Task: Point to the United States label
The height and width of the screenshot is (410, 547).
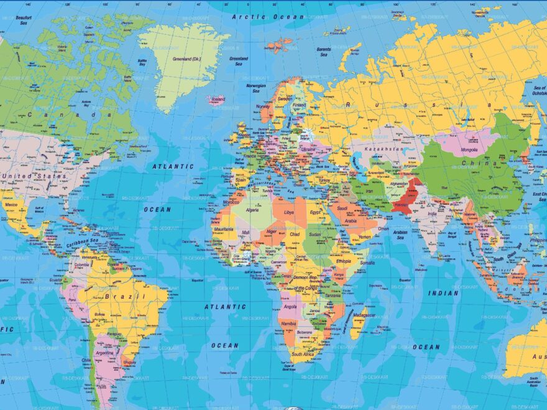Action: (34, 176)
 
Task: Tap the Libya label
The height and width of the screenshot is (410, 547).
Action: (289, 212)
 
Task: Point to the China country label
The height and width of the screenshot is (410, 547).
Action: (488, 164)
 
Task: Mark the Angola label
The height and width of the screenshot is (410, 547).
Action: (290, 306)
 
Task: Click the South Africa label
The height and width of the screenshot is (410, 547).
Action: (305, 355)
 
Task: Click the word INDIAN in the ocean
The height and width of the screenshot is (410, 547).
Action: (443, 293)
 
